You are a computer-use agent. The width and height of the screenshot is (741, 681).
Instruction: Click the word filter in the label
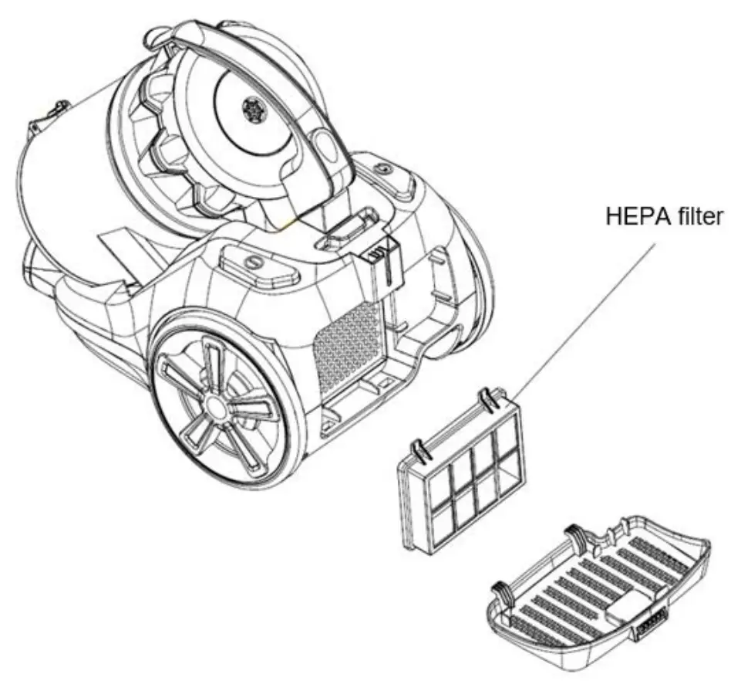coord(699,216)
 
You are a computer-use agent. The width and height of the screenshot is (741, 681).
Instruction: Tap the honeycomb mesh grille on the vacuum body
coord(347,340)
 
